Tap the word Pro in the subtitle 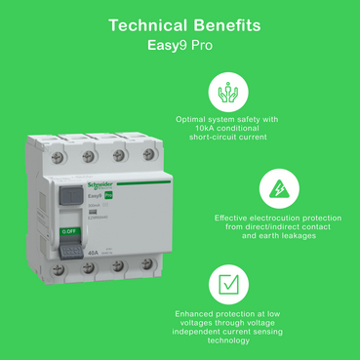coord(200,45)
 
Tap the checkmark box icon coord(227,285)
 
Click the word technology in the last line coord(228,340)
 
